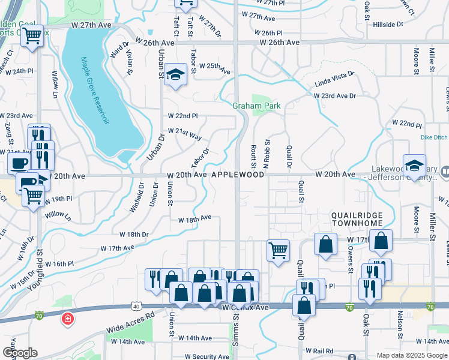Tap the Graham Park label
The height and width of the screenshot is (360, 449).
point(256,106)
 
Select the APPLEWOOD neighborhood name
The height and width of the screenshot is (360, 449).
point(237,175)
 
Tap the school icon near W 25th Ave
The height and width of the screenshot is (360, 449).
point(175,74)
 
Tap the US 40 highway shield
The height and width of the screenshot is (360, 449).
point(136,306)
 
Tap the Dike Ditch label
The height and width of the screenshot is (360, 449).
point(434,137)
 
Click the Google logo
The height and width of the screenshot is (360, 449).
point(20,353)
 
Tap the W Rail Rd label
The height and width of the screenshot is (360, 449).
point(319,351)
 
